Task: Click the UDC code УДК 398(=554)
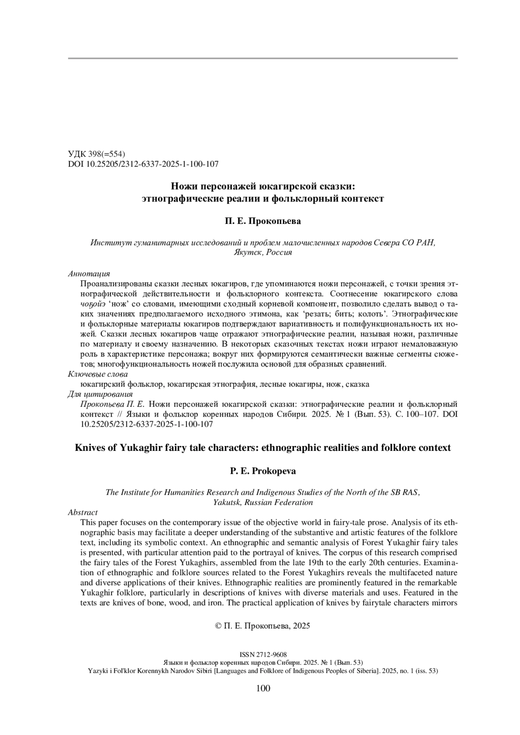click(x=97, y=154)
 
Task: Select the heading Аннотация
click(x=89, y=274)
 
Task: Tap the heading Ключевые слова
click(x=98, y=374)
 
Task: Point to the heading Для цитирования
click(x=100, y=394)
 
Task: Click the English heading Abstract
click(x=83, y=512)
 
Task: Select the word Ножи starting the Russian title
click(x=182, y=187)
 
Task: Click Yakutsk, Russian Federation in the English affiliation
click(x=263, y=502)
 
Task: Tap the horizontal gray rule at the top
click(x=263, y=58)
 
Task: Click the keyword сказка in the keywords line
click(x=358, y=384)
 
